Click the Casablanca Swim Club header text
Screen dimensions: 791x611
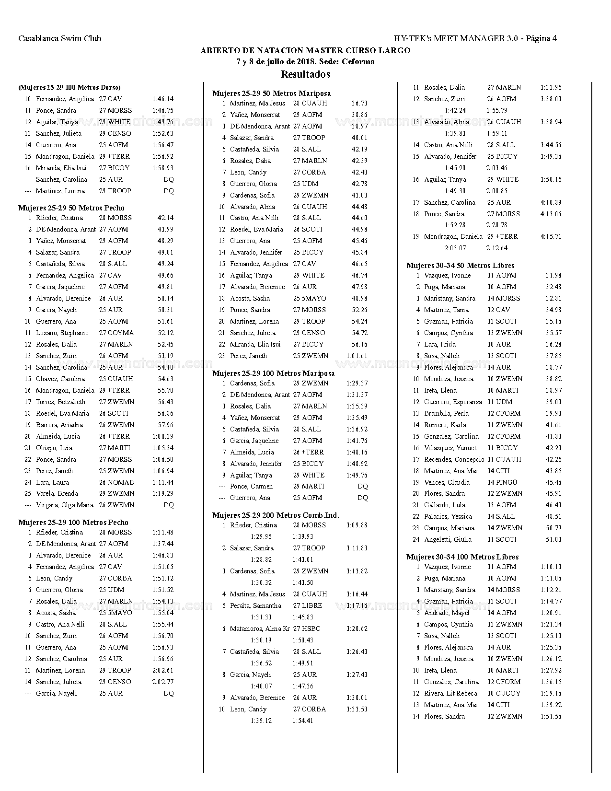point(60,38)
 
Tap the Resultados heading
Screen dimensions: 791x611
point(305,74)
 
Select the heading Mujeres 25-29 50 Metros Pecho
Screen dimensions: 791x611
point(71,208)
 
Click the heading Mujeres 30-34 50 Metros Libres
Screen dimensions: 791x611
point(460,266)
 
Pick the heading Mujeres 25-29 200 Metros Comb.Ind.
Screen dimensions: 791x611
point(276,515)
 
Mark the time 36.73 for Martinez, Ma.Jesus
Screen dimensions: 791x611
point(359,103)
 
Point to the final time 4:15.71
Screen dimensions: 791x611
point(551,236)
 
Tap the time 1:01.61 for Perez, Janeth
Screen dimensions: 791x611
point(357,356)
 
